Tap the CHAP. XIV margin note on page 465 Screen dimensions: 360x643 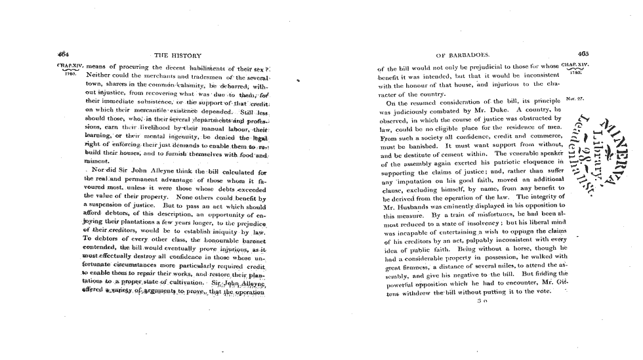(583, 66)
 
